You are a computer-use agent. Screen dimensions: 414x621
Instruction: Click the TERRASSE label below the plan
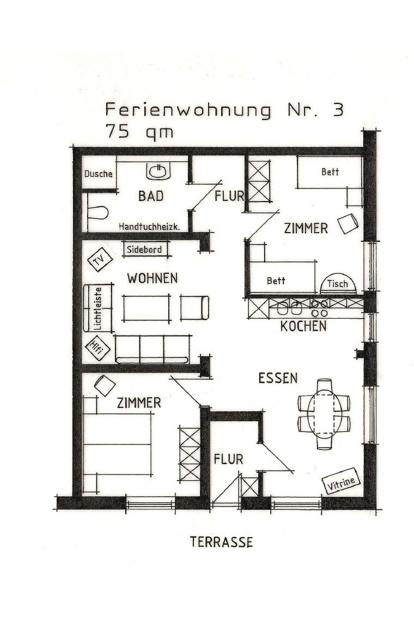click(x=221, y=542)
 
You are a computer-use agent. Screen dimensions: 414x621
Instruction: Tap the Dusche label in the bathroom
click(x=99, y=174)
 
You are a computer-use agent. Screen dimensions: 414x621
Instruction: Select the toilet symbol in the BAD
click(x=97, y=211)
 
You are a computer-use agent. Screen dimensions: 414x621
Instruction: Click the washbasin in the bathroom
click(x=158, y=172)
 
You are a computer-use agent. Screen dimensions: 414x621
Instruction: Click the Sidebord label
click(x=145, y=250)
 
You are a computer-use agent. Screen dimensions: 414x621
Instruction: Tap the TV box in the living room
click(x=100, y=260)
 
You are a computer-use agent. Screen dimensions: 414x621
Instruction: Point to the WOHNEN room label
click(x=152, y=278)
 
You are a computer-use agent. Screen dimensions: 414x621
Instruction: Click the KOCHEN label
click(x=303, y=326)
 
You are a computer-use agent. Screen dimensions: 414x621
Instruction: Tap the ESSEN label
click(x=277, y=378)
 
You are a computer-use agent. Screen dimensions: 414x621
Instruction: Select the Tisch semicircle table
click(x=338, y=284)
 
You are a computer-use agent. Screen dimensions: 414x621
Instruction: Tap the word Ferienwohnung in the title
click(x=188, y=110)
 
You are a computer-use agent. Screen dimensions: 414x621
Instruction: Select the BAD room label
click(x=150, y=196)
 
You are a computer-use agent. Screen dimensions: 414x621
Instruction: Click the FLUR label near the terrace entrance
click(x=228, y=459)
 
